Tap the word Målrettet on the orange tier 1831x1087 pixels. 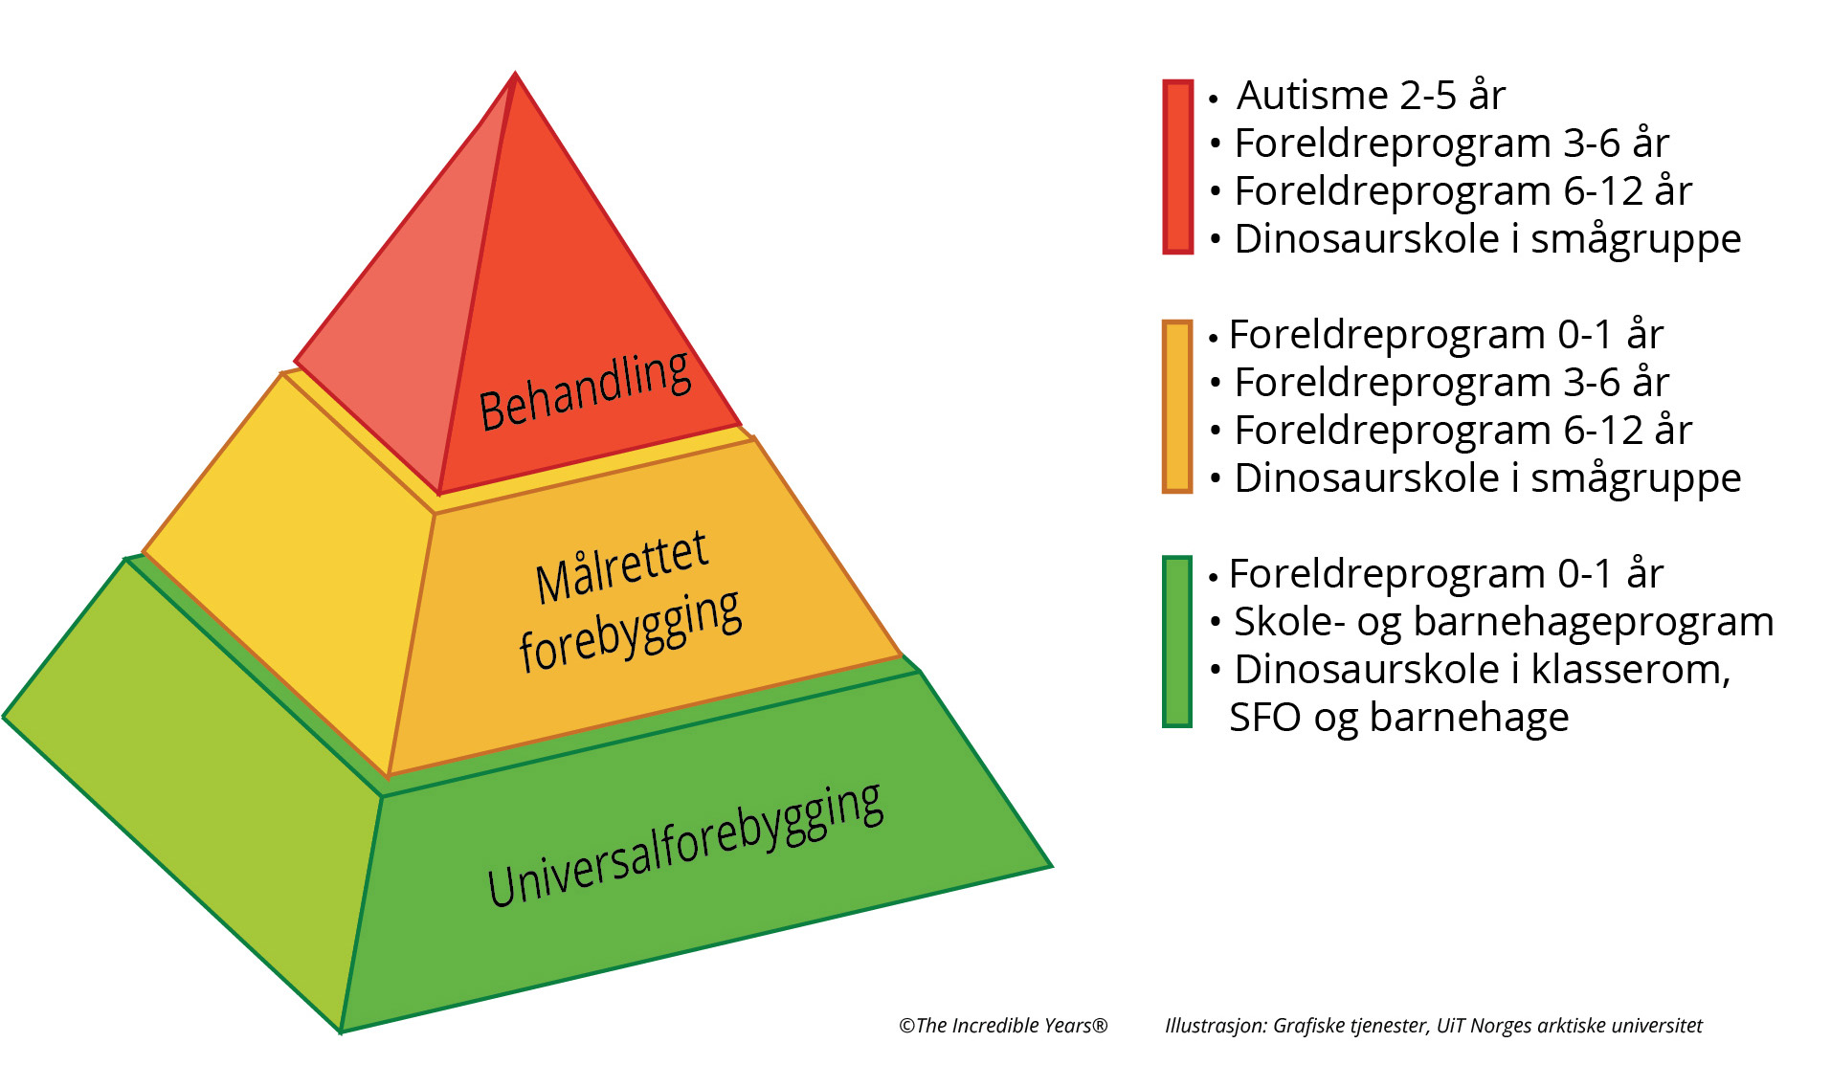(x=621, y=566)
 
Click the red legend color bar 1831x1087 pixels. (x=1177, y=166)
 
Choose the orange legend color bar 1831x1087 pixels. (x=1177, y=407)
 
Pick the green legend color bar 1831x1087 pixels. (x=1177, y=641)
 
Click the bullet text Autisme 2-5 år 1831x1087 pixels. (x=1371, y=96)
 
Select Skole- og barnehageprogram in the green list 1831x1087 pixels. (x=1503, y=622)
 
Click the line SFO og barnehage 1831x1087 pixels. (x=1398, y=718)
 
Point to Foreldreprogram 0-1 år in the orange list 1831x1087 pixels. (x=1445, y=335)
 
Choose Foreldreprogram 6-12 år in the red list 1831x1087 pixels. (x=1463, y=191)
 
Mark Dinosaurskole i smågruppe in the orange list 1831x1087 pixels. (x=1486, y=478)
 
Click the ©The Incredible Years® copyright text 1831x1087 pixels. (x=1003, y=1026)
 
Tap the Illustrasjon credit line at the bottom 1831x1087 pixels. (x=1433, y=1026)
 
